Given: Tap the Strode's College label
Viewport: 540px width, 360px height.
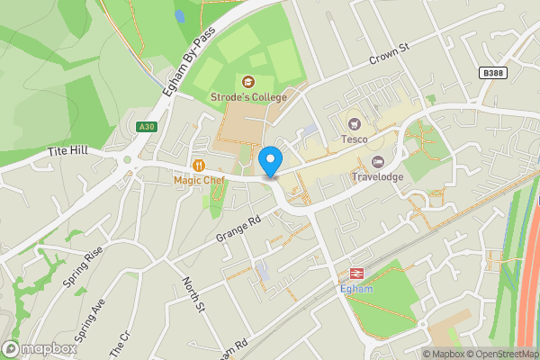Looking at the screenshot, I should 249,97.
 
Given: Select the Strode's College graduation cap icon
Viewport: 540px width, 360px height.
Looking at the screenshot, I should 249,82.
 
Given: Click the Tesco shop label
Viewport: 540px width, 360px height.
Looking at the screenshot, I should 355,139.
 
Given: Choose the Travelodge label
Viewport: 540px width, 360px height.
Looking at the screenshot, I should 377,177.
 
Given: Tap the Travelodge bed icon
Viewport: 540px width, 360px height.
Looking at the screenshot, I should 377,162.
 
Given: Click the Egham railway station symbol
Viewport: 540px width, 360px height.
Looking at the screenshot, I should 355,274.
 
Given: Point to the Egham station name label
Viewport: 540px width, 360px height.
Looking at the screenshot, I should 355,289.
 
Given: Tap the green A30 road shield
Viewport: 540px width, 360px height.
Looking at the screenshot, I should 148,127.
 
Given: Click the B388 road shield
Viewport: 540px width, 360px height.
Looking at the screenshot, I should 491,73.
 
